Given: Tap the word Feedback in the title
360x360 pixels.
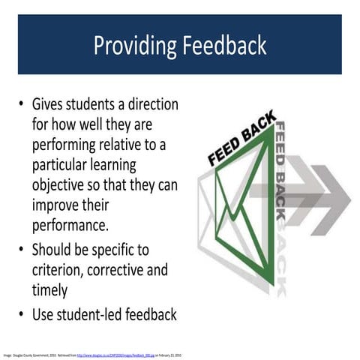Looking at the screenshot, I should (x=221, y=46).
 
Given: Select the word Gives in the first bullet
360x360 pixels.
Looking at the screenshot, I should (x=50, y=103).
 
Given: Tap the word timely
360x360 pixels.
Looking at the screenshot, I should (x=50, y=289).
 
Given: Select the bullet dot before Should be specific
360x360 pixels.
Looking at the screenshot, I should (x=22, y=250).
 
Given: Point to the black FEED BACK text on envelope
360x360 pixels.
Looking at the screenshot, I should (x=241, y=140).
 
